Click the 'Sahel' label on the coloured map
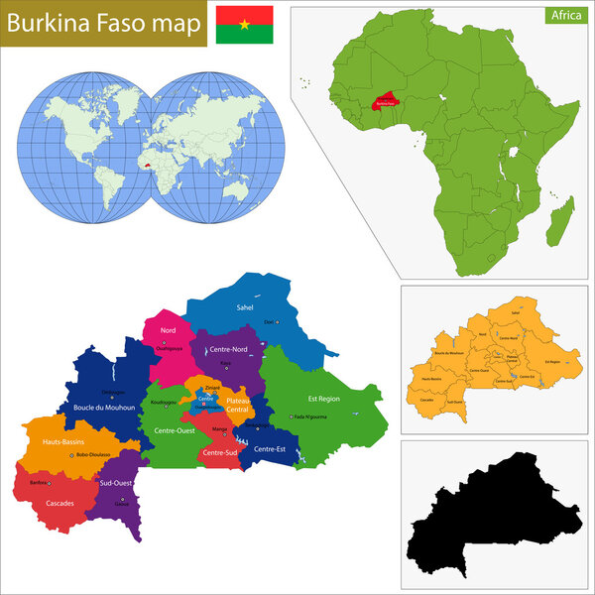[245, 307]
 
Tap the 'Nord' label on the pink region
[169, 330]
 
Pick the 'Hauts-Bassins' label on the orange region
[61, 439]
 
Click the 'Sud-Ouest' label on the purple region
[117, 482]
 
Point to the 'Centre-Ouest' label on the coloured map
[173, 430]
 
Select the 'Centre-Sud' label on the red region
[219, 452]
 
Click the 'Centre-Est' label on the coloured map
[270, 449]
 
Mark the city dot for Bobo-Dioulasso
[72, 455]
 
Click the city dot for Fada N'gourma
[291, 416]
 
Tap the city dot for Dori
[278, 322]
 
